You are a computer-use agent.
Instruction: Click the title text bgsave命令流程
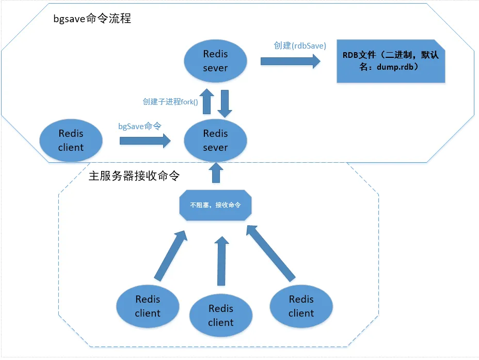pyautogui.click(x=92, y=19)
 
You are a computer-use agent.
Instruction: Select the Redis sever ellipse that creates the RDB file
pyautogui.click(x=215, y=60)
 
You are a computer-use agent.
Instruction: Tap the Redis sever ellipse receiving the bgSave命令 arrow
pyautogui.click(x=215, y=140)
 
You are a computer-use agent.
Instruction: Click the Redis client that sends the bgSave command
pyautogui.click(x=71, y=140)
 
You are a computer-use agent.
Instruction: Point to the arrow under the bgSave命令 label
pyautogui.click(x=145, y=140)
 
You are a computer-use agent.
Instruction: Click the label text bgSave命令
pyautogui.click(x=139, y=126)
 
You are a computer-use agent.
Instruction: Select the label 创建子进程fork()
pyautogui.click(x=170, y=102)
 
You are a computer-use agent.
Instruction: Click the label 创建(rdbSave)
pyautogui.click(x=300, y=45)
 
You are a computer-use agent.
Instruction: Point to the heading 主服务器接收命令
pyautogui.click(x=134, y=176)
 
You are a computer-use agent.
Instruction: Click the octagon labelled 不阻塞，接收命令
pyautogui.click(x=215, y=205)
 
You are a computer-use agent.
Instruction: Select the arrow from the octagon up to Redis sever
pyautogui.click(x=215, y=173)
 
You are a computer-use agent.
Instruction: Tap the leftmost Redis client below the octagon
pyautogui.click(x=148, y=306)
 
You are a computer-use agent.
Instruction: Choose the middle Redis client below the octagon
pyautogui.click(x=221, y=316)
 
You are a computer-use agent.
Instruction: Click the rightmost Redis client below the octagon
pyautogui.click(x=301, y=306)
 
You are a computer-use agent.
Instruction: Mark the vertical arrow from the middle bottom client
pyautogui.click(x=221, y=261)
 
